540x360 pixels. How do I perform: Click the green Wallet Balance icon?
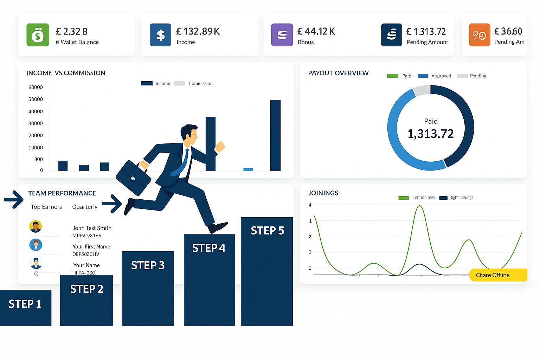click(38, 35)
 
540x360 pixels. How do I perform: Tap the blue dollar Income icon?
click(160, 35)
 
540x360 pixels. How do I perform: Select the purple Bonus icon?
click(282, 35)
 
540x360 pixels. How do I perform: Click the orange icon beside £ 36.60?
click(479, 35)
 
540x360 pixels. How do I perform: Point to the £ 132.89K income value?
click(198, 32)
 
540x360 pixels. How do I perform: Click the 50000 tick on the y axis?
click(36, 99)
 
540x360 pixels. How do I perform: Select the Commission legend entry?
click(200, 84)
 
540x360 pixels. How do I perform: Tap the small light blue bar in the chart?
click(248, 169)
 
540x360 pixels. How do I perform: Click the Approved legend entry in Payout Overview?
click(441, 76)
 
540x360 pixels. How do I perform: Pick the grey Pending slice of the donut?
click(421, 91)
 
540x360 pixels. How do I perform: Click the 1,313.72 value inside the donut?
click(431, 134)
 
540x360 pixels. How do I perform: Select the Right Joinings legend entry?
click(461, 198)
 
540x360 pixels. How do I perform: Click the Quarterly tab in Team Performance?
click(85, 207)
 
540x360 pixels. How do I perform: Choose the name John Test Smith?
click(92, 228)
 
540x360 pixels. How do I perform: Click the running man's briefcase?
click(133, 178)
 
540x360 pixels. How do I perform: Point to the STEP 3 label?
click(148, 265)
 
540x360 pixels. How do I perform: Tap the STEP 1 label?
click(25, 304)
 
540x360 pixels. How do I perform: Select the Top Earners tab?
click(46, 207)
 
